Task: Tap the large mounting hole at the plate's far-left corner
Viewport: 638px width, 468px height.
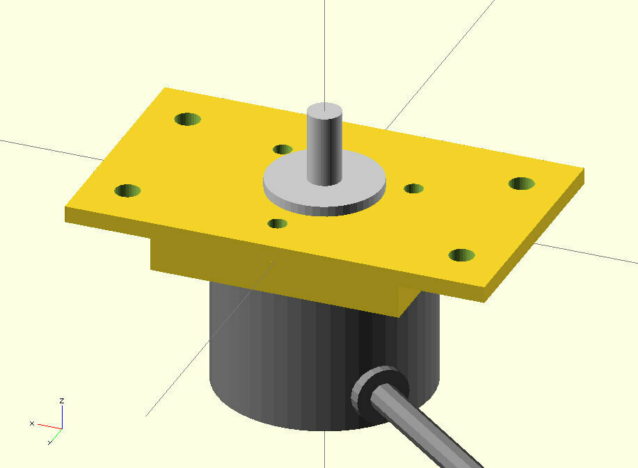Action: [187, 119]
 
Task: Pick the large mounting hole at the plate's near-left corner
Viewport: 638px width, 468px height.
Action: [127, 191]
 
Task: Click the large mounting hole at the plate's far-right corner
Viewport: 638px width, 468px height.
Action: [521, 184]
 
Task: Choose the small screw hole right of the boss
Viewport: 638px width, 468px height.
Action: [414, 188]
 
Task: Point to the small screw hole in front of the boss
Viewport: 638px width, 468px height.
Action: [278, 224]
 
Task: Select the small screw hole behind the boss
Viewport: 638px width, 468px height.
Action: [282, 149]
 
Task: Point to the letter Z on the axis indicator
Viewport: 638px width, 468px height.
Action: [62, 401]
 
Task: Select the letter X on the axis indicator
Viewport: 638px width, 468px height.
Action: [32, 423]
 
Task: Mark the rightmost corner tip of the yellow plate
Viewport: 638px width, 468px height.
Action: [582, 171]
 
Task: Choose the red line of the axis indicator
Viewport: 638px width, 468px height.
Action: [49, 426]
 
